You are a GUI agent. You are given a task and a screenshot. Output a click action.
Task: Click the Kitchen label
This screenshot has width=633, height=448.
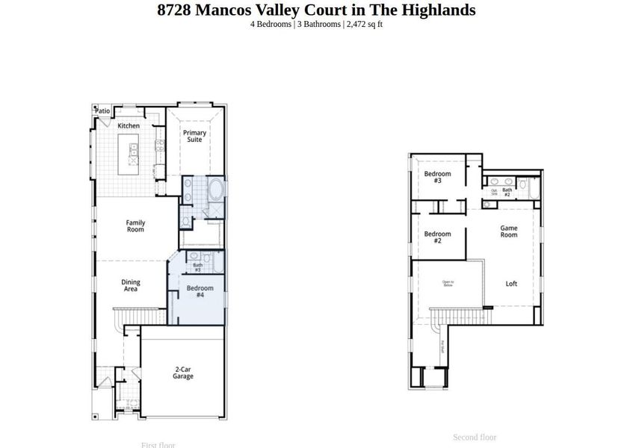(x=129, y=125)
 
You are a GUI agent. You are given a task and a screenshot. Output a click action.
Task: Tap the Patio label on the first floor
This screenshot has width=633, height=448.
(x=102, y=111)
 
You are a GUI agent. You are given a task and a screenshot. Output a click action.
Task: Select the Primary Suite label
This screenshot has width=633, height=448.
(x=194, y=136)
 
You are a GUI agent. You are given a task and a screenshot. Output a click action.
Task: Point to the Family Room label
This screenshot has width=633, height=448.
(x=135, y=226)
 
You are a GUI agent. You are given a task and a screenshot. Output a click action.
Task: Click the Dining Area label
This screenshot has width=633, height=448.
(x=131, y=286)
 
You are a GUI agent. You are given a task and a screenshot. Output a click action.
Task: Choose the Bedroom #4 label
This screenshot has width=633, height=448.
(x=200, y=291)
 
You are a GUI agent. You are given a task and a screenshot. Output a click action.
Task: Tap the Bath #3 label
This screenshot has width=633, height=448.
(x=198, y=267)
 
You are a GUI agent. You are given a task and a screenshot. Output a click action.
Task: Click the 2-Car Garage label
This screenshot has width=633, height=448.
(x=183, y=373)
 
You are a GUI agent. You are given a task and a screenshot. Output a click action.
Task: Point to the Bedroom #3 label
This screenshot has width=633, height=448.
(x=437, y=177)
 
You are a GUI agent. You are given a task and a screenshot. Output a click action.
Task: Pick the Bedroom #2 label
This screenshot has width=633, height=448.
(x=437, y=237)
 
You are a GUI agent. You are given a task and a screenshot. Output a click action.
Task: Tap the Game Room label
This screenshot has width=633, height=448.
(x=508, y=231)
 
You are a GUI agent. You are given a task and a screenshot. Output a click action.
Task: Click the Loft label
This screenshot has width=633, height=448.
(x=511, y=284)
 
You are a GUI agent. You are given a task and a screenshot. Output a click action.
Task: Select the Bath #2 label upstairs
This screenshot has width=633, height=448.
(x=507, y=192)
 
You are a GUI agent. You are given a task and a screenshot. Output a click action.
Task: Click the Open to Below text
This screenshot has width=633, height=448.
(x=448, y=283)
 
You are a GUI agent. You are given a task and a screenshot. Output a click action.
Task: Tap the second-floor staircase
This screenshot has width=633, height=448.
(x=436, y=323)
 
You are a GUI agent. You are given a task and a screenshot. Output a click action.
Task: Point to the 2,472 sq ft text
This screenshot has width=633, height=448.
(x=365, y=24)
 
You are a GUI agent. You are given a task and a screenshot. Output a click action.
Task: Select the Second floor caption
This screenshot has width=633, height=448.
(x=475, y=438)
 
